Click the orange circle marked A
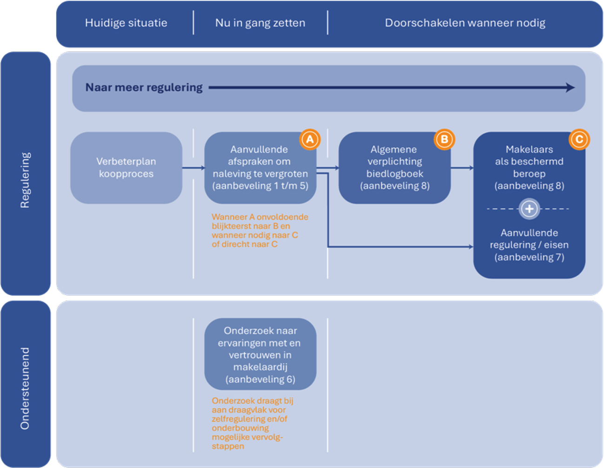pyautogui.click(x=310, y=139)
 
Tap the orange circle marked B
pyautogui.click(x=444, y=139)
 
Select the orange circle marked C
pyautogui.click(x=579, y=139)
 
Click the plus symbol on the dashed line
pyautogui.click(x=529, y=209)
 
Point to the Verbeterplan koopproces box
pyautogui.click(x=126, y=167)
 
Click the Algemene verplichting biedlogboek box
pyautogui.click(x=394, y=167)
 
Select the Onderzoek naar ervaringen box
pyautogui.click(x=260, y=354)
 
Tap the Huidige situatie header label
pyautogui.click(x=126, y=23)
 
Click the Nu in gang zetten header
pyautogui.click(x=260, y=23)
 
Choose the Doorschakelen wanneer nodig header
pyautogui.click(x=465, y=23)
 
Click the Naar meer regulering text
pyautogui.click(x=144, y=87)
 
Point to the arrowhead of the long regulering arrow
pyautogui.click(x=570, y=87)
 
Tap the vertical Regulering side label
pyautogui.click(x=25, y=180)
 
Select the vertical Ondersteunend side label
pyautogui.click(x=25, y=388)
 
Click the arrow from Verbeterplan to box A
pyautogui.click(x=193, y=167)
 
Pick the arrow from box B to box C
pyautogui.click(x=462, y=167)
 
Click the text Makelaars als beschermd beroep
pyautogui.click(x=529, y=167)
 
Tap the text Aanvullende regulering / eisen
pyautogui.click(x=529, y=245)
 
